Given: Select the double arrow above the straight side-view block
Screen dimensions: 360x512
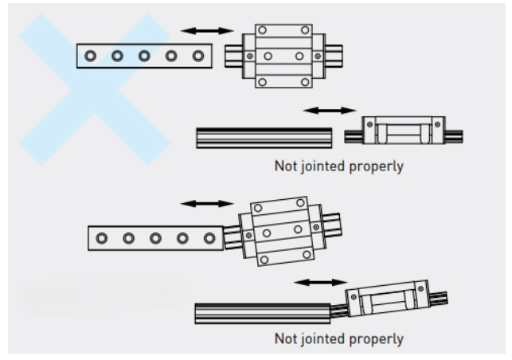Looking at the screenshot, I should click(330, 108).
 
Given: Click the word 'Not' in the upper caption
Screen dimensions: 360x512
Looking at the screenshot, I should click(284, 168).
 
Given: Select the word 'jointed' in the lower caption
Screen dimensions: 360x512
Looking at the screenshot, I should click(322, 338).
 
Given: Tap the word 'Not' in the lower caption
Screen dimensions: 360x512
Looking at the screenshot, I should click(284, 338).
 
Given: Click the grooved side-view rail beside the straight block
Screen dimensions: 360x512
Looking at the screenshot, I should click(264, 137).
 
